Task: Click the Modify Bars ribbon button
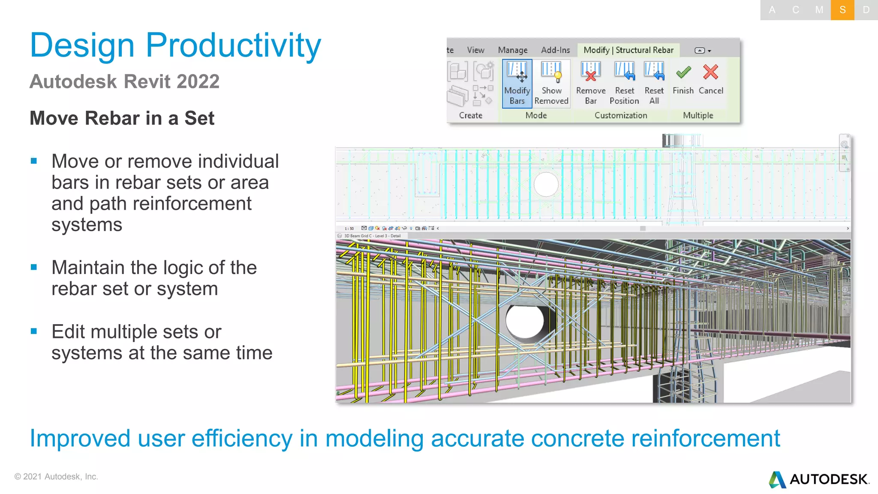tap(517, 84)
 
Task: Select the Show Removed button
tap(551, 84)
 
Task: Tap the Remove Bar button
tap(591, 84)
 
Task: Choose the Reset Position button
tap(624, 84)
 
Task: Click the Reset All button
tap(654, 84)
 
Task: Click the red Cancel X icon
tap(710, 72)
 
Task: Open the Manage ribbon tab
tap(513, 50)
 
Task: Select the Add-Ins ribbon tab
tap(555, 50)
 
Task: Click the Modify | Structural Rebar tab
tap(628, 50)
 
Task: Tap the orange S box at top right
tap(842, 10)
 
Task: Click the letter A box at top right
tap(772, 10)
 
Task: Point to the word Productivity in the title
tap(233, 45)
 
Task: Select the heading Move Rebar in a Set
tap(122, 118)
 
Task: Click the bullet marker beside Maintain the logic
tap(34, 268)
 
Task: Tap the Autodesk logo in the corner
tap(819, 479)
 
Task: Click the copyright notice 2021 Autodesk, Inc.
tap(56, 476)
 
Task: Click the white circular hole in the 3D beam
tap(525, 321)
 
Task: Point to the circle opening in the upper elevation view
tap(546, 184)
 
